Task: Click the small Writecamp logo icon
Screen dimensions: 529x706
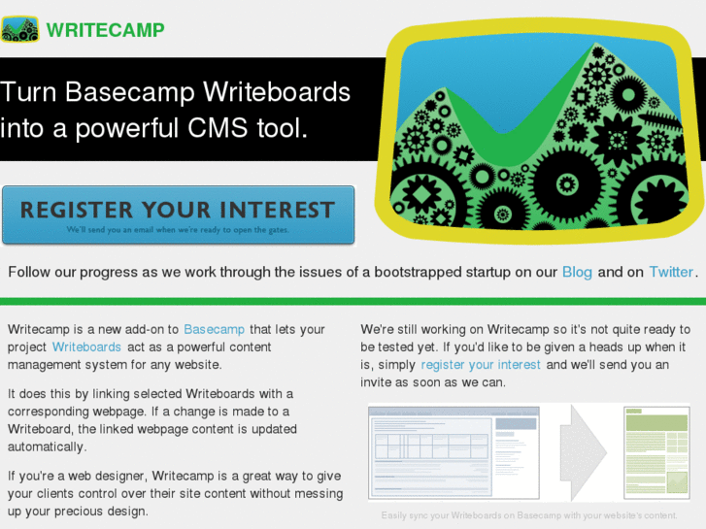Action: point(19,29)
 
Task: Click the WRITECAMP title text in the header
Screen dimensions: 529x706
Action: point(106,29)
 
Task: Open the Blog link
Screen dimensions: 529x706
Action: point(577,272)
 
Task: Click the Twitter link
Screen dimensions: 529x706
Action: point(671,272)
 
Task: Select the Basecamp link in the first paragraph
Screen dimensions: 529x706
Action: point(214,329)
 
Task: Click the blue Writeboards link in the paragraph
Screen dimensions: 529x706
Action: point(86,347)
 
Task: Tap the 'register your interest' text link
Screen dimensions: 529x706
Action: point(481,364)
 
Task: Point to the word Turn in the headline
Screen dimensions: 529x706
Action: point(29,92)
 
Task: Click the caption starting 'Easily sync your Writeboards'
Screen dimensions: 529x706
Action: point(529,515)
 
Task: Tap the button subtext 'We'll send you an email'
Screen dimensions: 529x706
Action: point(178,231)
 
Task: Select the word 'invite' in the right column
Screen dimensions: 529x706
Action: point(379,381)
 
